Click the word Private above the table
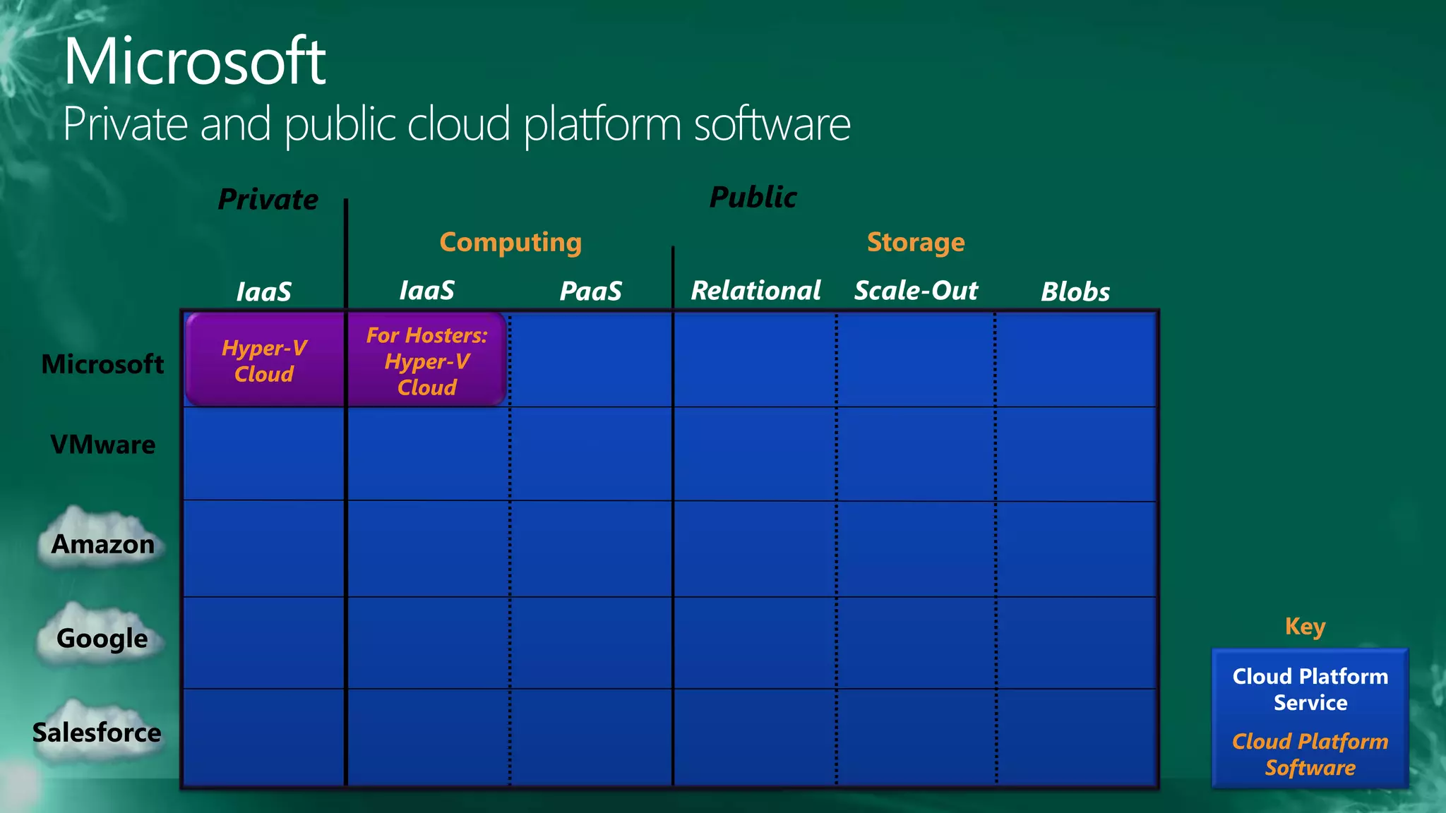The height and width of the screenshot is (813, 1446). point(268,200)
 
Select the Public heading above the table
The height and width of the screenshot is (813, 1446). point(753,198)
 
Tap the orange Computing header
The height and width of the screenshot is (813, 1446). point(510,243)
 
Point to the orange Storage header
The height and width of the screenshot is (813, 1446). point(915,243)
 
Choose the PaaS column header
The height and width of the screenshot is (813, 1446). point(590,291)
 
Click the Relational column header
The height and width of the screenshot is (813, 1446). point(755,291)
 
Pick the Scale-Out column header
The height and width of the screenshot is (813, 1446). point(916,291)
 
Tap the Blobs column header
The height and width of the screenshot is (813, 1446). point(1075,292)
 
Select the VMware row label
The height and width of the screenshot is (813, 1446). point(103,445)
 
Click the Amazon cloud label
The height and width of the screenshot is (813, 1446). point(103,544)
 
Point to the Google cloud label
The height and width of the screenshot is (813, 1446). point(102,639)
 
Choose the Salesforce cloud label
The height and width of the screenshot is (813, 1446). point(97,733)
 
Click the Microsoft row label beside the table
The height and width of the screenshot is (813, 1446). point(102,364)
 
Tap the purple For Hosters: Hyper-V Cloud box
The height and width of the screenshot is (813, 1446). point(426,361)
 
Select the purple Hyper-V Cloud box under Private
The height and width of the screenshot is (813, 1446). point(264,361)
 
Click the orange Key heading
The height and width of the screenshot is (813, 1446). point(1305,627)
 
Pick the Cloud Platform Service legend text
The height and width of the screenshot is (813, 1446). point(1310,689)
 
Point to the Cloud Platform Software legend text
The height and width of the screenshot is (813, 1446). point(1310,754)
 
